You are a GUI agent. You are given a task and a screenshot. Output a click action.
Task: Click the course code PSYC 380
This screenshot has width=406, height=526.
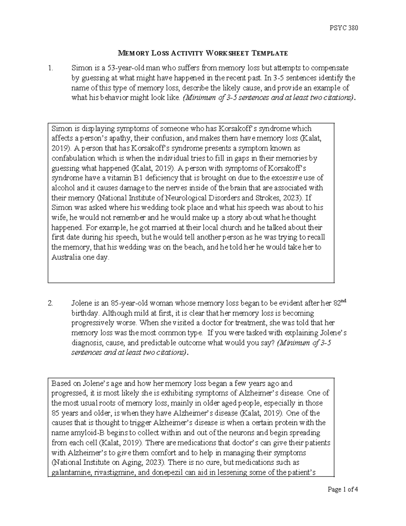pyautogui.click(x=343, y=28)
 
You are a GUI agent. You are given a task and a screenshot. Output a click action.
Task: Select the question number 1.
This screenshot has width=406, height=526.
pyautogui.click(x=50, y=68)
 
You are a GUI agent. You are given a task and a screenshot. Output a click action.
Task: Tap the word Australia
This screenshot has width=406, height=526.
pyautogui.click(x=65, y=257)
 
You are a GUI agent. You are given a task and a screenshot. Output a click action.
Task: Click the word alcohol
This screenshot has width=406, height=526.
pyautogui.click(x=61, y=188)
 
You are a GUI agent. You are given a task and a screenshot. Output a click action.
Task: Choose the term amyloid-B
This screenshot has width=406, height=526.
pyautogui.click(x=81, y=433)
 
